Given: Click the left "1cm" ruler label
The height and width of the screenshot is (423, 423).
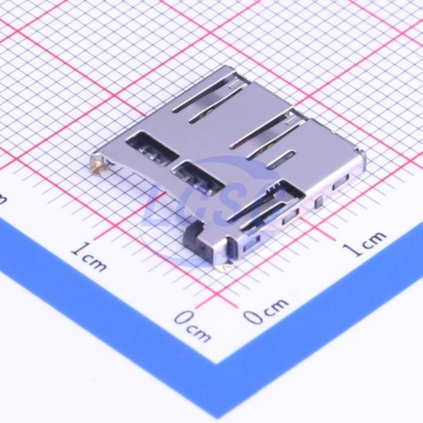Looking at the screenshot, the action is click(x=89, y=257).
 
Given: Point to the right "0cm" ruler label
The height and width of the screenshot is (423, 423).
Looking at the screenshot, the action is click(x=266, y=310).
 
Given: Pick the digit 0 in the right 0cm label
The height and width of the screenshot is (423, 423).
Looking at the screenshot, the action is click(x=253, y=316).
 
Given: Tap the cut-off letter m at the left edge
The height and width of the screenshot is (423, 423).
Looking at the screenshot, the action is click(x=2, y=200).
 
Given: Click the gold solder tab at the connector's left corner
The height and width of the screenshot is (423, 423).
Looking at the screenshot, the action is click(x=99, y=165).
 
